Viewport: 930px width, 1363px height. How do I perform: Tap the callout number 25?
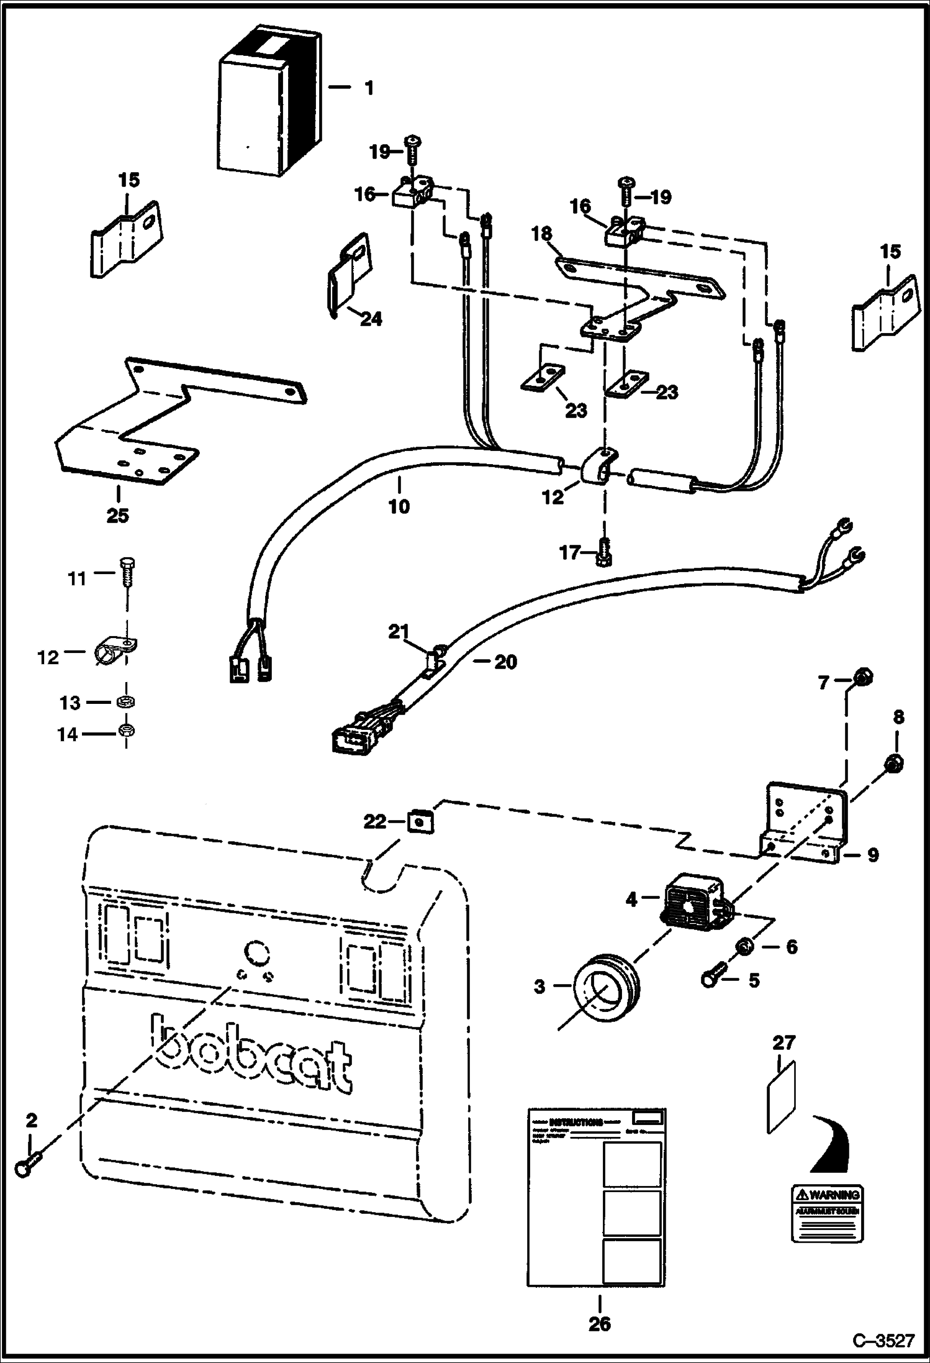click(118, 516)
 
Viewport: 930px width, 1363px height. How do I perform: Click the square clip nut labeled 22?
click(420, 823)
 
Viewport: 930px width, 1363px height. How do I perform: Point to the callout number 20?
click(505, 662)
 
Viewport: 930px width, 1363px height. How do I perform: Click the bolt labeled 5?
click(715, 979)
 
